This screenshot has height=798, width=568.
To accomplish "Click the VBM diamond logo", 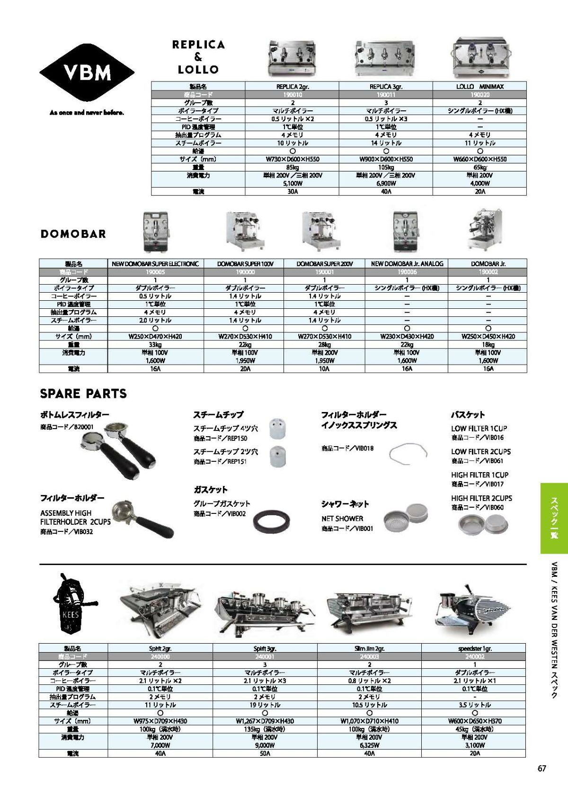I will pyautogui.click(x=87, y=72).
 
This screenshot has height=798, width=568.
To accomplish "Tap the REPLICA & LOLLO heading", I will pyautogui.click(x=198, y=57).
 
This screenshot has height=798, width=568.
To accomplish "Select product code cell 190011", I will pyautogui.click(x=386, y=95).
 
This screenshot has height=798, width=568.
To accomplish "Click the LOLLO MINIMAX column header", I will pyautogui.click(x=479, y=87).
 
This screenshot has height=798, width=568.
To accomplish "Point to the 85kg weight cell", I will pyautogui.click(x=292, y=167).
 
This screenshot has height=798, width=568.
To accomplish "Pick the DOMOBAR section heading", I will pyautogui.click(x=73, y=234).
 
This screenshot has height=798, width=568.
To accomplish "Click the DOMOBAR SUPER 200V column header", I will pyautogui.click(x=325, y=264).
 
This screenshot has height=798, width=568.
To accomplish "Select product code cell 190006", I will pyautogui.click(x=407, y=272).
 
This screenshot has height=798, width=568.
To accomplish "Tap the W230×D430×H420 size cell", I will pyautogui.click(x=407, y=336).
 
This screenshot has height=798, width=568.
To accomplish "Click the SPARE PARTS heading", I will pyautogui.click(x=83, y=394).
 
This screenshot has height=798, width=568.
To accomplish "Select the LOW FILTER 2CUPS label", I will pyautogui.click(x=480, y=452).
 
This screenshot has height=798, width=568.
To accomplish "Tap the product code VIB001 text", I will pyautogui.click(x=347, y=529).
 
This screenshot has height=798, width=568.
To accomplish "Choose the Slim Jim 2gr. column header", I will pyautogui.click(x=369, y=648).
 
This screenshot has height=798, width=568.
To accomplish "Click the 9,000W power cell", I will pyautogui.click(x=265, y=745).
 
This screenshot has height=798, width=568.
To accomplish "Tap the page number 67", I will pyautogui.click(x=541, y=768).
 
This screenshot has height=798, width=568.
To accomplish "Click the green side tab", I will pyautogui.click(x=554, y=518).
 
